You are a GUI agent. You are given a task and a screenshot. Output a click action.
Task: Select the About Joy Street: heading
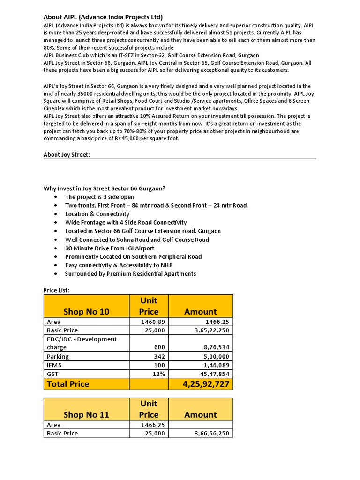pyautogui.click(x=67, y=154)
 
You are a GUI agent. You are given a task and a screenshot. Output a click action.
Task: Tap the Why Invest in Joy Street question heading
pyautogui.click(x=105, y=188)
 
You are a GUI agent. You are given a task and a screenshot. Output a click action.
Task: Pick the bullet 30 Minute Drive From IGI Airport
pyautogui.click(x=109, y=248)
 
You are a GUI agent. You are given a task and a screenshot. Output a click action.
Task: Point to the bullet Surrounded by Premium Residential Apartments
pyautogui.click(x=130, y=274)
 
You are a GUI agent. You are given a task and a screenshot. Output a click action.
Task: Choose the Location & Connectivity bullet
pyautogui.click(x=97, y=214)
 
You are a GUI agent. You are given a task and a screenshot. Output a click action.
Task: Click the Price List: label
pyautogui.click(x=56, y=290)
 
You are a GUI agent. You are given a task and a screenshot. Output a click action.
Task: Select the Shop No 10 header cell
pyautogui.click(x=86, y=312)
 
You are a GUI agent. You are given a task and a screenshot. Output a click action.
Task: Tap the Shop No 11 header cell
pyautogui.click(x=86, y=415)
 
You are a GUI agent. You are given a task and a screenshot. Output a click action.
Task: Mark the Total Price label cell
pyautogui.click(x=68, y=384)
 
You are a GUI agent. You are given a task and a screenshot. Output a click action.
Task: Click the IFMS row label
pyautogui.click(x=54, y=365)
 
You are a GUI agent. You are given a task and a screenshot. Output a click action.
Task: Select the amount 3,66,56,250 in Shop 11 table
pyautogui.click(x=211, y=434)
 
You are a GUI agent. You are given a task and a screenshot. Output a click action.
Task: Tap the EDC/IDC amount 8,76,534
pyautogui.click(x=217, y=348)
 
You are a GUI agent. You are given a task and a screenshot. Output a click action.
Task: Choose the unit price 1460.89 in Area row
pyautogui.click(x=153, y=322)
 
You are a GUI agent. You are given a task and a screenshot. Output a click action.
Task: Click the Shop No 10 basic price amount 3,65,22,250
pyautogui.click(x=211, y=330)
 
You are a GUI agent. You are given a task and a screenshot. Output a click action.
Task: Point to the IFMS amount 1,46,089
pyautogui.click(x=217, y=365)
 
